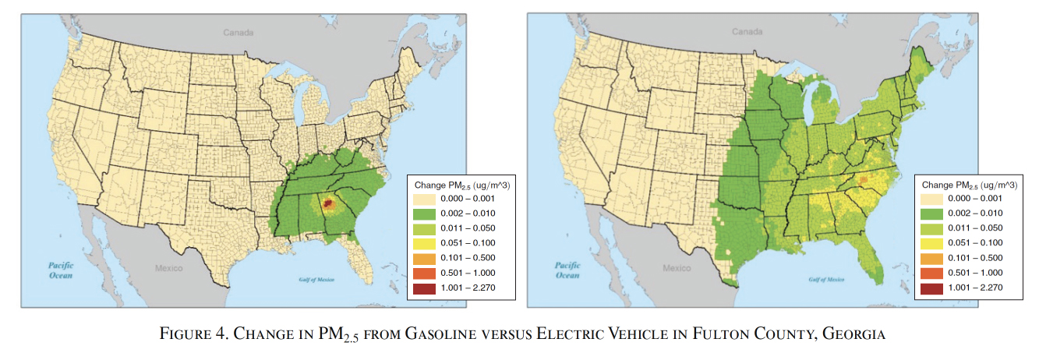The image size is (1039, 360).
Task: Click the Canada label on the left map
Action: (x=239, y=33)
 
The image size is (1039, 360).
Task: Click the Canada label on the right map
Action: (x=747, y=32)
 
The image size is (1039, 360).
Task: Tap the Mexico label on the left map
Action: (x=168, y=269)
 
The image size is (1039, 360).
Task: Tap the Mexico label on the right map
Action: (x=677, y=269)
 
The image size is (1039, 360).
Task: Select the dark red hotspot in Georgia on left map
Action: (x=328, y=203)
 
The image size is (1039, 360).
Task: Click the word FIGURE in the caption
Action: (x=182, y=334)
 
